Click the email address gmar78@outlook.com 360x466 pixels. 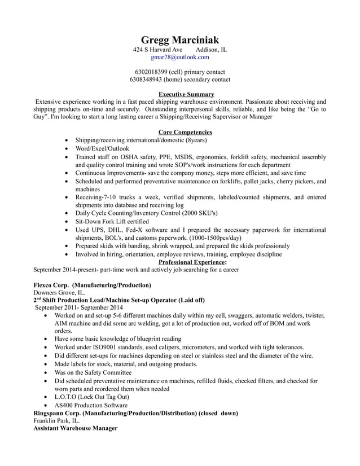(x=179, y=57)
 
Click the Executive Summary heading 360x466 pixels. (x=186, y=94)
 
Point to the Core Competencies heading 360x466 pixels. (x=185, y=132)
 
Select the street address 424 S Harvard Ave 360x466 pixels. (x=157, y=50)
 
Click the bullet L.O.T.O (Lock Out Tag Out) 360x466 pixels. (x=92, y=397)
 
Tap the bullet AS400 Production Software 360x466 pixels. (x=91, y=405)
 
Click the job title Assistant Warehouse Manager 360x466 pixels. (x=75, y=428)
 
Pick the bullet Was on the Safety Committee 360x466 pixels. (x=93, y=372)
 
